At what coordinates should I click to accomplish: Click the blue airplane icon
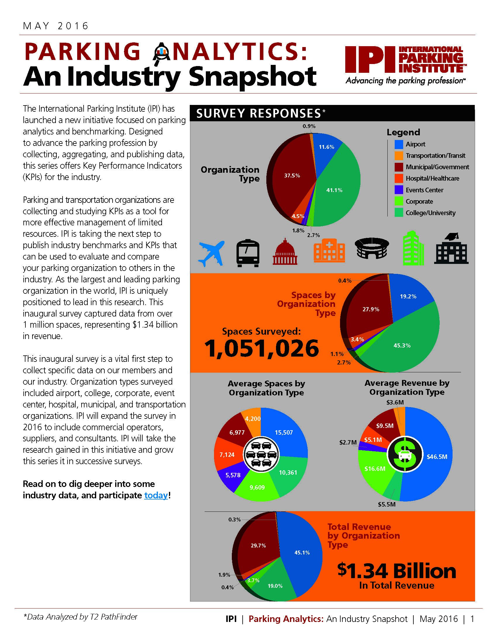tap(211, 253)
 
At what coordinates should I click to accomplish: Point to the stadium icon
tap(372, 248)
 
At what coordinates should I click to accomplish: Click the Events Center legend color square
tap(399, 190)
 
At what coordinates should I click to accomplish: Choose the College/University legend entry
tap(430, 213)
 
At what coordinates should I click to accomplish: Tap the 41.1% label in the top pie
tap(334, 190)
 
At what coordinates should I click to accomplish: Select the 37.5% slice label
tap(292, 175)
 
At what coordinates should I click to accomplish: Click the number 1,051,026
tap(261, 348)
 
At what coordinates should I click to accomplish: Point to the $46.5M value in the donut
tap(437, 457)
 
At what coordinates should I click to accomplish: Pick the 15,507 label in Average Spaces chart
tap(284, 433)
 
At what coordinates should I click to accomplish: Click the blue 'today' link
tap(156, 495)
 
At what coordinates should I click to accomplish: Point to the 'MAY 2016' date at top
tap(56, 26)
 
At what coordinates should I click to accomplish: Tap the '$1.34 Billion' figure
tap(396, 571)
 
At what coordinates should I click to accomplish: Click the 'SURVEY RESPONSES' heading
tap(258, 113)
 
